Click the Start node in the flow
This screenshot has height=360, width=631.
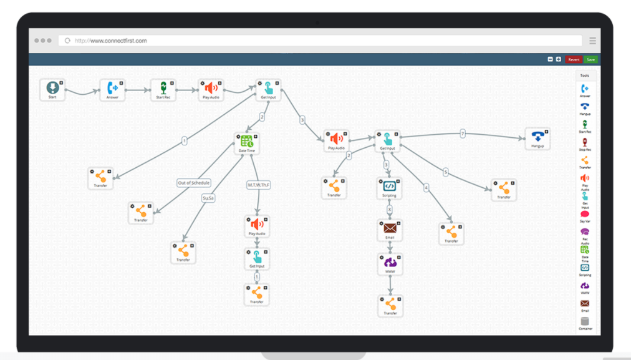[52, 89]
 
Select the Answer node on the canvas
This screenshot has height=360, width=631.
[112, 89]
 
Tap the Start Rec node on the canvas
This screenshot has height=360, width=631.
[163, 89]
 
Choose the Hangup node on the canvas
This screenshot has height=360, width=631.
[537, 138]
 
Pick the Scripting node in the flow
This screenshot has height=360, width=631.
[390, 187]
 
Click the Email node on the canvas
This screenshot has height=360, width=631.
[390, 230]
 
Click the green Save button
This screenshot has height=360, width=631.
[590, 59]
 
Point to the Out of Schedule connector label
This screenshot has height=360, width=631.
[194, 183]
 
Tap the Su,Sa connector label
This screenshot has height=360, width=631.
[208, 198]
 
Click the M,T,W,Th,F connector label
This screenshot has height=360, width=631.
[258, 185]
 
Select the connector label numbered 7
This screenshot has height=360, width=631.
[463, 134]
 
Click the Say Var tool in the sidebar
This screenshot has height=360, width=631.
[585, 216]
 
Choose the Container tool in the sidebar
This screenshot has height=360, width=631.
[585, 323]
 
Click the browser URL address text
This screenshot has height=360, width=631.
[111, 41]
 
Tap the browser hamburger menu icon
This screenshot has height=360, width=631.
[592, 41]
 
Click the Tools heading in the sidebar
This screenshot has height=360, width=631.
[585, 75]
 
